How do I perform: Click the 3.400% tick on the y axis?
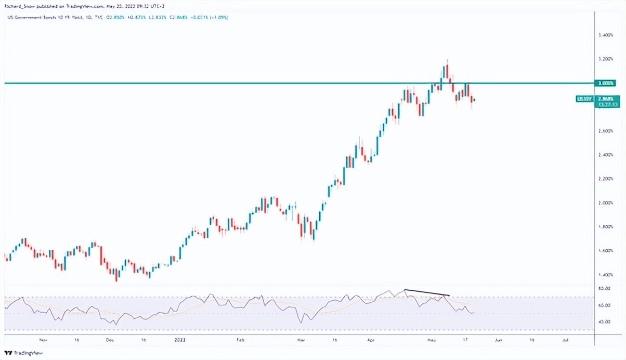[x=606, y=35]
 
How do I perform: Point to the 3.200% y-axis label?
[x=606, y=59]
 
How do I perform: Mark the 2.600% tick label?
[x=606, y=131]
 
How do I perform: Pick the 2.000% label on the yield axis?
[x=606, y=203]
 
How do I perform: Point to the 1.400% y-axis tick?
[x=606, y=275]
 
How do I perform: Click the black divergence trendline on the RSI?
[x=426, y=292]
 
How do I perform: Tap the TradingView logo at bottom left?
[x=23, y=353]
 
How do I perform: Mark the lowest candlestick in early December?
[x=116, y=276]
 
